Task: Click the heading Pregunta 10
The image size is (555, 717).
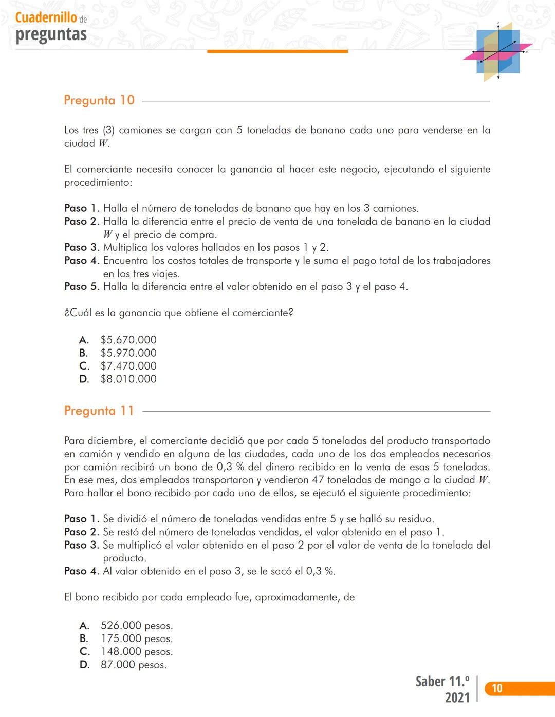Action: tap(99, 100)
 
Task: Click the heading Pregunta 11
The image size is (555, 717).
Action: tap(99, 411)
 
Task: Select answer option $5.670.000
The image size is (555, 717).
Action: tap(128, 340)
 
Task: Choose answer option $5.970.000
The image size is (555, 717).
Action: tap(128, 353)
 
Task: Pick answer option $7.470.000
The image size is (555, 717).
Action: tap(128, 366)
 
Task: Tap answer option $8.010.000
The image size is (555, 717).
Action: tap(128, 379)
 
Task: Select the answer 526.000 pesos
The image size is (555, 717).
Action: tap(136, 626)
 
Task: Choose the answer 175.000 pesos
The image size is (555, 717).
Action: tap(136, 638)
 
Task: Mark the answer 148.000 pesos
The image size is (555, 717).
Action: tap(136, 652)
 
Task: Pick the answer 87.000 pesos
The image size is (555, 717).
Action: tap(133, 665)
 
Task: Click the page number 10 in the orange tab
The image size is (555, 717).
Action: tap(497, 688)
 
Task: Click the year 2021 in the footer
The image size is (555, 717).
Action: tap(457, 698)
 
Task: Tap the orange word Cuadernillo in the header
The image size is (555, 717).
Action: tap(46, 17)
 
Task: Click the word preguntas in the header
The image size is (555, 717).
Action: tap(51, 34)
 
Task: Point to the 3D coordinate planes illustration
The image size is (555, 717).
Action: tap(497, 52)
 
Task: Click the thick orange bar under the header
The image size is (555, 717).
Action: tap(277, 51)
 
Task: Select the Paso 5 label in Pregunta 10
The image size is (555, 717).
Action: tap(82, 286)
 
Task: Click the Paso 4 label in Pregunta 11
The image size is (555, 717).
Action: tap(82, 571)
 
